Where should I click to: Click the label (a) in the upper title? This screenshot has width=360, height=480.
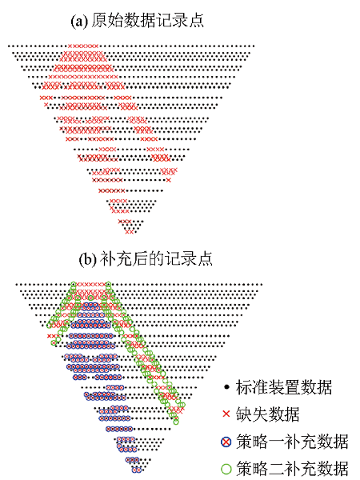coord(79,21)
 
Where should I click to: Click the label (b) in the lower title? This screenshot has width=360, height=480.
coord(88,259)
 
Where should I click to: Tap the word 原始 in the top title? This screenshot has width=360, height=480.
coord(107,21)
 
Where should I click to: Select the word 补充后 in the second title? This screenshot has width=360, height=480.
coord(124,259)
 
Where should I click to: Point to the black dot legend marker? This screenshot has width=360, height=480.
coord(226,387)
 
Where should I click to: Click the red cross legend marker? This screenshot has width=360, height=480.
coord(226,414)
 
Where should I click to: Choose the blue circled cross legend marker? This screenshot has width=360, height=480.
coord(226,442)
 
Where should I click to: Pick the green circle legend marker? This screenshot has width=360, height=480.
coord(226,469)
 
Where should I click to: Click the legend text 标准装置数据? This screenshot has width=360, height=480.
coord(284,387)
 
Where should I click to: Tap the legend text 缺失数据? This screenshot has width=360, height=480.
coord(267,414)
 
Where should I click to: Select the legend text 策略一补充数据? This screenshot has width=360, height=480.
coord(292,442)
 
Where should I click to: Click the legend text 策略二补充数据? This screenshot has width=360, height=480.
coord(292,469)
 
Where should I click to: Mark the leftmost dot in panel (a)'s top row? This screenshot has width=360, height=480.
coord(9,46)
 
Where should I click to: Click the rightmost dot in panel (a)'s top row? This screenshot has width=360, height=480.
coord(253,46)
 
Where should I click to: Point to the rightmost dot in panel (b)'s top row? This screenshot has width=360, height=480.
coord(261,285)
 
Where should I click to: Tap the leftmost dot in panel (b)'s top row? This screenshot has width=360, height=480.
coord(17,285)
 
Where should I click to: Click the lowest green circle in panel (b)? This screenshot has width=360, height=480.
coord(176,422)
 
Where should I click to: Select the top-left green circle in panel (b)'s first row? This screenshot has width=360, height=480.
coord(73,285)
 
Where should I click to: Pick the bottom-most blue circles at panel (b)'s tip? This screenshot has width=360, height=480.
coord(137,470)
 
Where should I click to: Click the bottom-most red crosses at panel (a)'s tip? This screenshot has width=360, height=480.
coord(129,232)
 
